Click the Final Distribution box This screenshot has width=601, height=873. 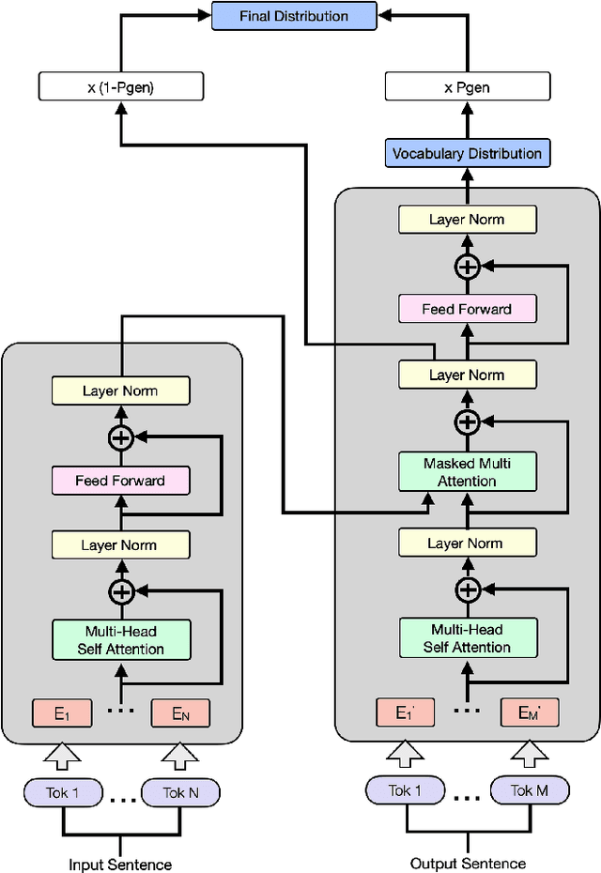[293, 16]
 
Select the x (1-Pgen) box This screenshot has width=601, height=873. [120, 88]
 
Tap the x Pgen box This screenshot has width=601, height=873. [466, 88]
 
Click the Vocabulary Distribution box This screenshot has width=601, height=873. [467, 153]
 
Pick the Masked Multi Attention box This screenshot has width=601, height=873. [467, 472]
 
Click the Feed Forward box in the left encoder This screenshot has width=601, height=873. [120, 481]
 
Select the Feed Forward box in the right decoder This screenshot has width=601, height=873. [467, 309]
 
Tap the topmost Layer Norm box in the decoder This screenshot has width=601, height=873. [467, 220]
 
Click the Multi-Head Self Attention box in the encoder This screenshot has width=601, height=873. [120, 639]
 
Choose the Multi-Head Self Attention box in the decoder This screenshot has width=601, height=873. [467, 638]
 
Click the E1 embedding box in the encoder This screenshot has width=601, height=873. [61, 714]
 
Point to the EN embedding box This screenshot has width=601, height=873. [180, 714]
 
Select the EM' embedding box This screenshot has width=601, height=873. [530, 712]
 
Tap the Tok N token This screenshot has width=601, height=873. [180, 792]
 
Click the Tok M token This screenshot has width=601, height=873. [530, 791]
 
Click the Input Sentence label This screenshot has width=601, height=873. [120, 864]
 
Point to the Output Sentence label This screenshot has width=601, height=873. [468, 863]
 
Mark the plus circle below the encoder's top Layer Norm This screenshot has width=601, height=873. [120, 436]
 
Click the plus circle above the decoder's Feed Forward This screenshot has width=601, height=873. [467, 267]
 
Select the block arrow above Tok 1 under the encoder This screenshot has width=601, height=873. [61, 754]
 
